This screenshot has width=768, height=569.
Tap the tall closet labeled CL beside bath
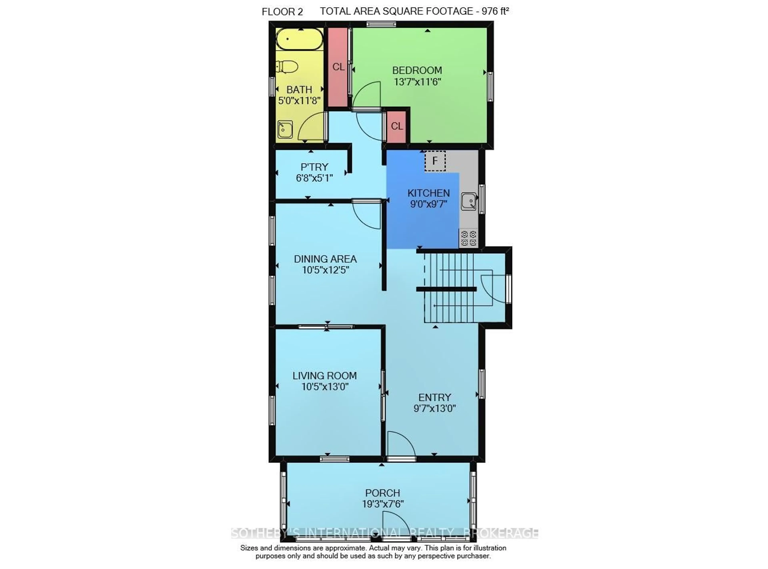338,67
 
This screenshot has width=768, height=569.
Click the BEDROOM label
417,70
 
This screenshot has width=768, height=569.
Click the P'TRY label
314,167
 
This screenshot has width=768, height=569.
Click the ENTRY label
434,397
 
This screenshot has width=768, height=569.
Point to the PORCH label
382,493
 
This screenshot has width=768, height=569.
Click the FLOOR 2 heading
282,12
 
